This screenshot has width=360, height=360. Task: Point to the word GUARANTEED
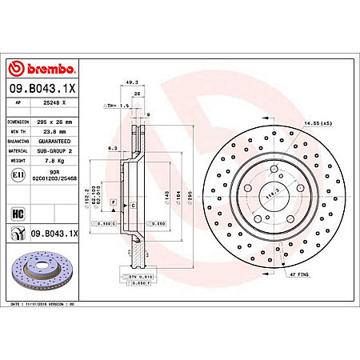(61, 140)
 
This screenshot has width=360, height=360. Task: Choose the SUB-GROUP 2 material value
(61, 150)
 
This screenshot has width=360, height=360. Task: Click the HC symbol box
(18, 213)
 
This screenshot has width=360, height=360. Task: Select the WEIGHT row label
(18, 159)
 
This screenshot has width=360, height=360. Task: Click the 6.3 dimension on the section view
(114, 148)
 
